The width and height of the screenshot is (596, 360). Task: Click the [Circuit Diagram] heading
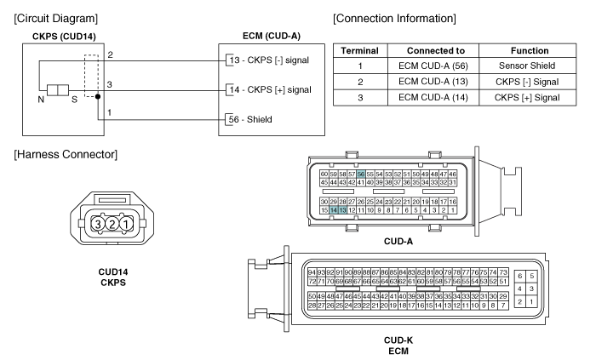(x=56, y=19)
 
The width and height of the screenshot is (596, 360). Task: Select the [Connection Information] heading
(x=394, y=19)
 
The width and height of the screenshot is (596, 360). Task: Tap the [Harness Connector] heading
(x=66, y=155)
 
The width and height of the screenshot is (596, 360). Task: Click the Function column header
(x=530, y=51)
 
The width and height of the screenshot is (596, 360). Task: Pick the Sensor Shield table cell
(x=527, y=66)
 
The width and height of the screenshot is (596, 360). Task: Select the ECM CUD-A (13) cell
(x=433, y=82)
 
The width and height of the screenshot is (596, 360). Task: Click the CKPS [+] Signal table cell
(x=527, y=98)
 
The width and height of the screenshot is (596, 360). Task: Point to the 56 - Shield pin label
(x=250, y=120)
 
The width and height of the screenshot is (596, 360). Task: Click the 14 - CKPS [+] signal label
(x=270, y=90)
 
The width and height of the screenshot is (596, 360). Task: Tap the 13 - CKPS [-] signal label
(x=269, y=60)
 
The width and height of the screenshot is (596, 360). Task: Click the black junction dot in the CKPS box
(x=98, y=96)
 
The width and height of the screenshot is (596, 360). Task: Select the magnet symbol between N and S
(x=58, y=90)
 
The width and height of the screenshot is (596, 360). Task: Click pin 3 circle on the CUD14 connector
(x=98, y=224)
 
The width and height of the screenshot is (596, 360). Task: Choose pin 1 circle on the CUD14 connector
(x=127, y=224)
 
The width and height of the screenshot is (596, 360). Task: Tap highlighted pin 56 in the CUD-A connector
(x=361, y=174)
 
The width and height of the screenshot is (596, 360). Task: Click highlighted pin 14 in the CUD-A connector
(x=334, y=210)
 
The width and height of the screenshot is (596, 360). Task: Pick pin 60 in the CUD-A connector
(x=324, y=174)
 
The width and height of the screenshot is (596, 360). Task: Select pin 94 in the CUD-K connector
(x=312, y=272)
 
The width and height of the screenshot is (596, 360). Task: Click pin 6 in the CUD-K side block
(x=520, y=276)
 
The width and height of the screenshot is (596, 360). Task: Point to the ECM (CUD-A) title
(x=272, y=36)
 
